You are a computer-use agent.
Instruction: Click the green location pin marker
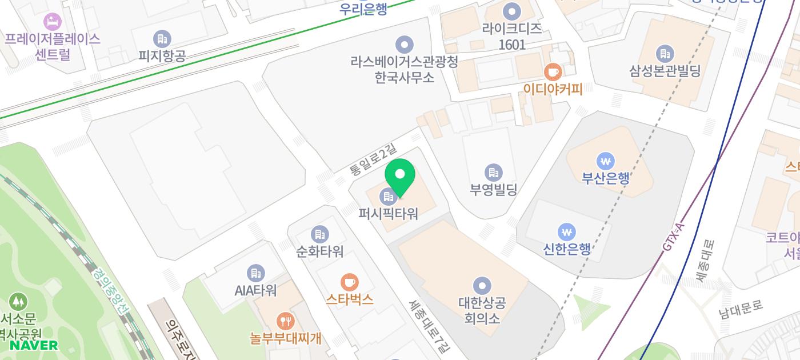tap(400, 176)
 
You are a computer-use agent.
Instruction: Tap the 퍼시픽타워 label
tap(389, 214)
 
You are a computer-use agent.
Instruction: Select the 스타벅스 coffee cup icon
tap(349, 282)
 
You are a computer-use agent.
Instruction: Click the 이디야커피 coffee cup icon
tap(552, 72)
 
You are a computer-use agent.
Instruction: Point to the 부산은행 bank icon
tap(605, 161)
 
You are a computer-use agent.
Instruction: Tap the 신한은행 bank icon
tap(566, 232)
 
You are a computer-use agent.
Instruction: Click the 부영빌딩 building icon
tap(493, 172)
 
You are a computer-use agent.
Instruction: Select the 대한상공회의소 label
tap(482, 310)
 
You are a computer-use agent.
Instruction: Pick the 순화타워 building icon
tap(319, 234)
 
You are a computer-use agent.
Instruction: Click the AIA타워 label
tap(255, 290)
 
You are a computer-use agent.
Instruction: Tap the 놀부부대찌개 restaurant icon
tap(285, 321)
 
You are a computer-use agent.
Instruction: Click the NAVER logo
tap(33, 345)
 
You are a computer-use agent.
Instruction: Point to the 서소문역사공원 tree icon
tap(18, 301)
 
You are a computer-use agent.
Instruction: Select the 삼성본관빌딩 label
tap(665, 71)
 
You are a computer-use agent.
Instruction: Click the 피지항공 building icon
tap(162, 39)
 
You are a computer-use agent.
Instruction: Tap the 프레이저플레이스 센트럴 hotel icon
tap(52, 22)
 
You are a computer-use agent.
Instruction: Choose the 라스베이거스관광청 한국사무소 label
tap(404, 69)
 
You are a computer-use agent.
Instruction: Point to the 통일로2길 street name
tap(373, 160)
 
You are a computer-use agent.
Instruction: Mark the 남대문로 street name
tap(741, 309)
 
